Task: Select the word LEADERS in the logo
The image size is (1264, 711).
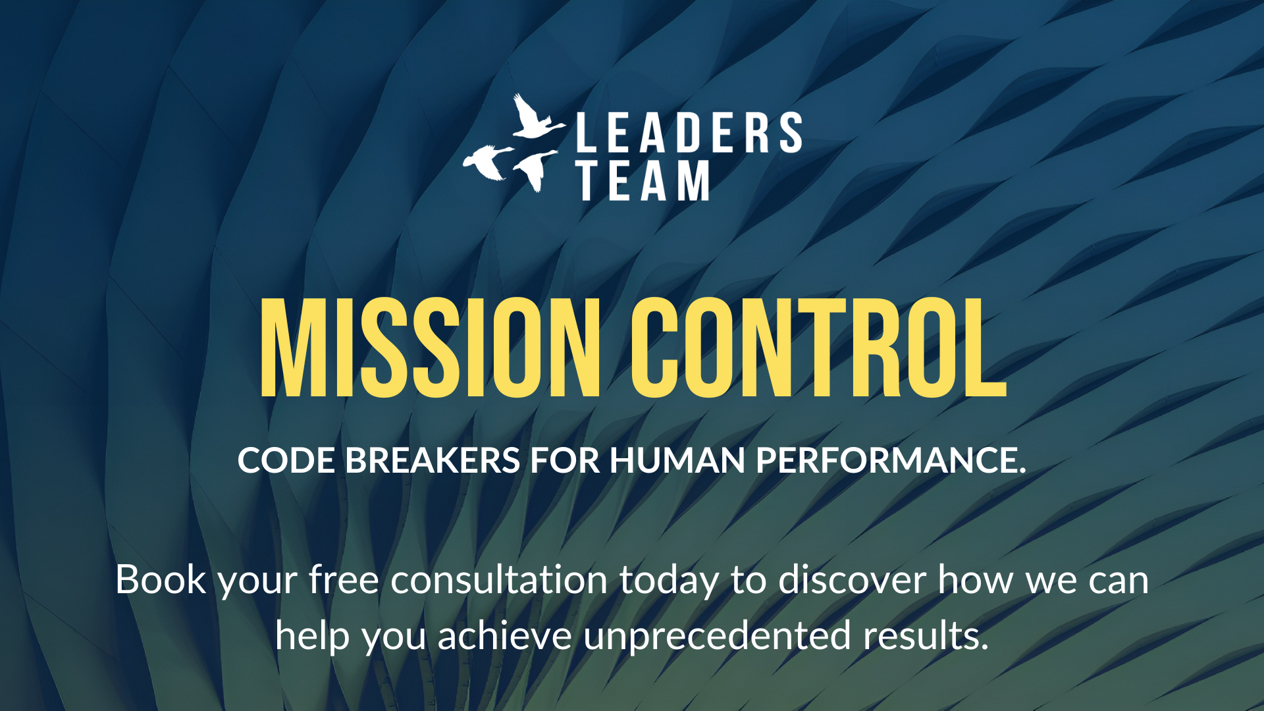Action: click(689, 132)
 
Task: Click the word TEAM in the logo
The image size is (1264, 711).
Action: click(643, 180)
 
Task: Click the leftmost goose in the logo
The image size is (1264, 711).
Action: click(488, 162)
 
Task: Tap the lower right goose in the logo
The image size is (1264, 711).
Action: click(535, 170)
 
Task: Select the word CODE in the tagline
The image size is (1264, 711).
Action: click(286, 460)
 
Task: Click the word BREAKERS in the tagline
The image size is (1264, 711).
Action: click(433, 460)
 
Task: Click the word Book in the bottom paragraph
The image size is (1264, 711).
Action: click(161, 580)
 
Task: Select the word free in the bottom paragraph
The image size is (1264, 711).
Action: click(344, 580)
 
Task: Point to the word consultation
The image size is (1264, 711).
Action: click(499, 580)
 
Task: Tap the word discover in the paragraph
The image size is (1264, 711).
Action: click(852, 580)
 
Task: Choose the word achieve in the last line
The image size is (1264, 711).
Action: click(504, 636)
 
